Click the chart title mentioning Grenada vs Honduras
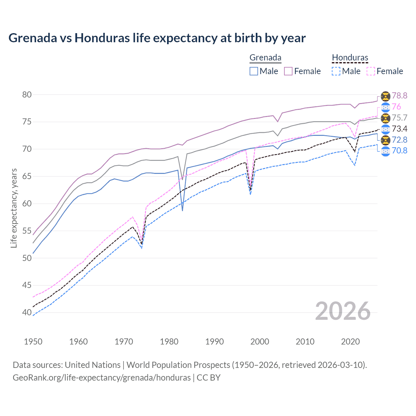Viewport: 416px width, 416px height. (x=157, y=38)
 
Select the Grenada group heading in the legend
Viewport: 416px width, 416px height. (x=265, y=58)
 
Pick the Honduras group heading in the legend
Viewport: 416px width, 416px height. (x=350, y=58)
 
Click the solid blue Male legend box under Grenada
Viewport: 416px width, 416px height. (x=254, y=71)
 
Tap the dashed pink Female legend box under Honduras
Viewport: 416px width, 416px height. (x=371, y=71)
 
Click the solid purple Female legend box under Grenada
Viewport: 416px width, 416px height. (x=288, y=71)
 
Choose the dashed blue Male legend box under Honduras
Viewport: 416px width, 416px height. (x=336, y=71)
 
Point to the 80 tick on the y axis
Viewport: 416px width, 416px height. (x=27, y=95)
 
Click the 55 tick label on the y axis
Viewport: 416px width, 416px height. (x=27, y=231)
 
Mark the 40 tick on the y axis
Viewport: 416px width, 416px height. (x=27, y=313)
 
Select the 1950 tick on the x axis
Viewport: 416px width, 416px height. (x=33, y=342)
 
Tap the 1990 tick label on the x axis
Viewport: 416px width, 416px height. (x=214, y=342)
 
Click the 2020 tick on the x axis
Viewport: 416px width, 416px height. (x=350, y=342)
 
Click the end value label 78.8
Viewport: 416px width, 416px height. (x=399, y=96)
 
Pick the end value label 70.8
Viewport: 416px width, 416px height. (x=399, y=150)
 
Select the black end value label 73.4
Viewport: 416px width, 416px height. (x=399, y=129)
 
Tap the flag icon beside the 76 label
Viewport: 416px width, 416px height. (x=385, y=107)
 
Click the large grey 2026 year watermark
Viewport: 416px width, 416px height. (x=343, y=311)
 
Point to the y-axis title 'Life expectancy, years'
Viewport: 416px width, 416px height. (x=14, y=208)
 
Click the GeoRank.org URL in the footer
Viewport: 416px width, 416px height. (x=102, y=378)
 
